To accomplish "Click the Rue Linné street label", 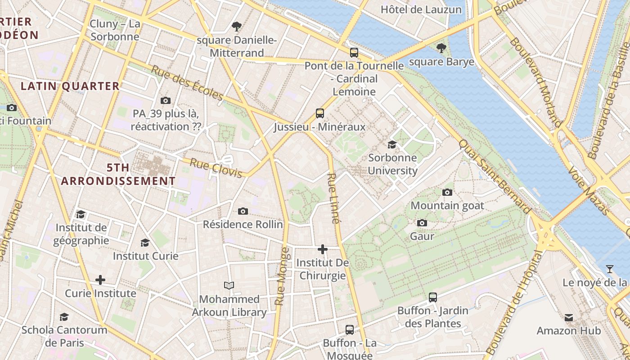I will (333, 198).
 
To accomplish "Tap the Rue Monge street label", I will (282, 276).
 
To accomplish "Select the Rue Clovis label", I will (216, 168).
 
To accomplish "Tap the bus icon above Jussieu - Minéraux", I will (320, 113).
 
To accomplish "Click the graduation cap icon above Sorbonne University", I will (392, 144).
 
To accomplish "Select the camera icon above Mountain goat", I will (447, 192).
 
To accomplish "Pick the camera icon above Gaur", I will (422, 223).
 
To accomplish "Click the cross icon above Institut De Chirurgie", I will (323, 249).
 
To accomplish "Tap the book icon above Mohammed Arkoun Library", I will (229, 285).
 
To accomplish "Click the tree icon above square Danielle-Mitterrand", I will (237, 27).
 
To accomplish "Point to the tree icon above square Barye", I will (441, 48).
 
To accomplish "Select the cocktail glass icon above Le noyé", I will (610, 269).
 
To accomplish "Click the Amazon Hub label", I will (569, 331).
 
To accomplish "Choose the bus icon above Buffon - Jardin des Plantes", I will (433, 297).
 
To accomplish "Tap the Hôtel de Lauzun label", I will (421, 9).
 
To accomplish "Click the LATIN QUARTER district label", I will (70, 86).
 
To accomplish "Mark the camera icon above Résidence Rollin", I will (243, 211).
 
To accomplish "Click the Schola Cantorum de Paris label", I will (64, 336).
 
